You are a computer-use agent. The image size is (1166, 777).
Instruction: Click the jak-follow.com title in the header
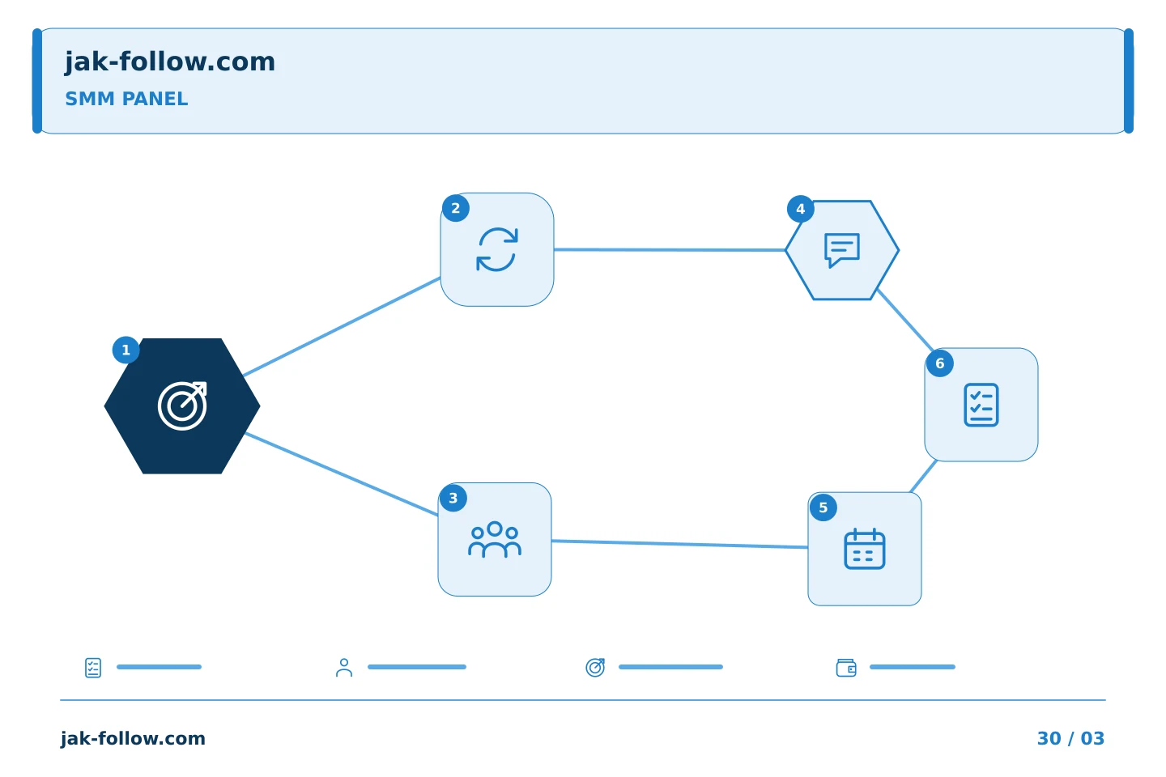(170, 62)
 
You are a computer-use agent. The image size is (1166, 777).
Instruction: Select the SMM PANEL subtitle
(126, 99)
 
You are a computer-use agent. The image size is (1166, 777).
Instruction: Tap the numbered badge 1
(126, 350)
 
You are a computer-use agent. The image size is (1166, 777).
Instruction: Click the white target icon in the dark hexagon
(183, 406)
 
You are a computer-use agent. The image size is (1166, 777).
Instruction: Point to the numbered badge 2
(455, 208)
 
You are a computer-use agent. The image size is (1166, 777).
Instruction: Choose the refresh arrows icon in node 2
(497, 249)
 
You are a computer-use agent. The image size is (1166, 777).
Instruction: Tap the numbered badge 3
(453, 498)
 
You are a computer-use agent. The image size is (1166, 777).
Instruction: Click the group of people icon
(495, 539)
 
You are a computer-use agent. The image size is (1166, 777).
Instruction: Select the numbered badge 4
(801, 209)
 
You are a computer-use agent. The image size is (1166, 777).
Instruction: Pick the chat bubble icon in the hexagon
(842, 250)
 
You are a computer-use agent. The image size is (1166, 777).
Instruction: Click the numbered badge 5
(823, 507)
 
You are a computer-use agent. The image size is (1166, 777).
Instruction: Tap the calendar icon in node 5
(865, 549)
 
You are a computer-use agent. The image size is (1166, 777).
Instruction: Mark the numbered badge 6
(940, 363)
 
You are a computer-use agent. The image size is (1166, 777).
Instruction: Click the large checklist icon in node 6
(981, 405)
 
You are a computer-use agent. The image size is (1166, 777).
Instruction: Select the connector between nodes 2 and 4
(670, 250)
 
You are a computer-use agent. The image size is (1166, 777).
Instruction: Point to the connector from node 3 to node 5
(680, 545)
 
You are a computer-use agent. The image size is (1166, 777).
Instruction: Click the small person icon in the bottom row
(344, 667)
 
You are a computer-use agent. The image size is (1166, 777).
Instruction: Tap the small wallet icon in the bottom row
(846, 668)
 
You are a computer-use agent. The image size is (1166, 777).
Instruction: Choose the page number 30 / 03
(1070, 738)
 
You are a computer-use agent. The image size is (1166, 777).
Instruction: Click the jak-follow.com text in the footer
(133, 738)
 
